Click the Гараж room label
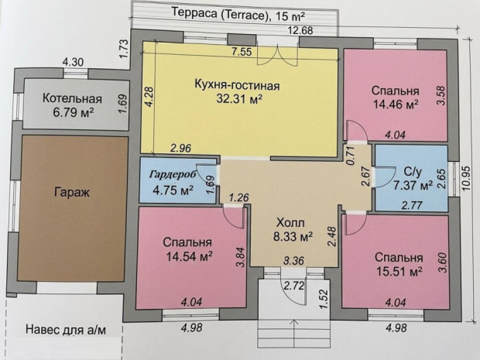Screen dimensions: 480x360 72,193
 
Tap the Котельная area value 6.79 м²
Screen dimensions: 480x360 74,113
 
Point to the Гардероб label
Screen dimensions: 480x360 173,174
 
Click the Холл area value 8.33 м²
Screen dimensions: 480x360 293,236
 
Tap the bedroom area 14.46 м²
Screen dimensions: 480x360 396,105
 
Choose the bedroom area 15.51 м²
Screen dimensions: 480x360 399,271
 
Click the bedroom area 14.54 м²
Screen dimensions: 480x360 190,255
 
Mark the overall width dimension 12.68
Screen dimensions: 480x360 300,31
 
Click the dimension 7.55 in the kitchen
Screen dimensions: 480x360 242,52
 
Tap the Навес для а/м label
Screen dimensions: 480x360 66,330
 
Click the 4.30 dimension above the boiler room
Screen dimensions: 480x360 73,63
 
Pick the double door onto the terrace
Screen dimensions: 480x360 277,54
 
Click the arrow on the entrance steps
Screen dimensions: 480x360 294,333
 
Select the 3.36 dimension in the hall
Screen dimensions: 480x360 294,261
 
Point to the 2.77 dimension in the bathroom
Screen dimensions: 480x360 412,205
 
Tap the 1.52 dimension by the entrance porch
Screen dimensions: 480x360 324,299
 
